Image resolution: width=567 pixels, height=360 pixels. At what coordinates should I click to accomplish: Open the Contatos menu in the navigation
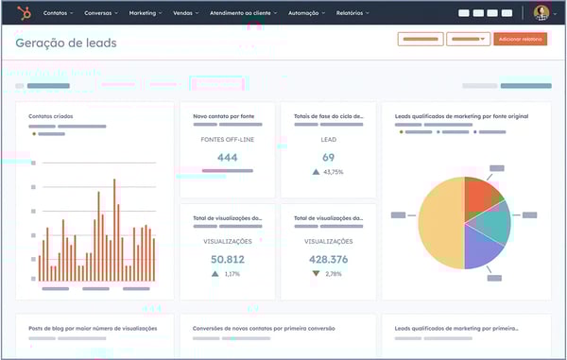click(58, 14)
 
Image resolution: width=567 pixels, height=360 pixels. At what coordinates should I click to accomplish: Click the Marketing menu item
click(144, 14)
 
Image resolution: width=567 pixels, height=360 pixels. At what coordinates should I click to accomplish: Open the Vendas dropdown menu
click(186, 14)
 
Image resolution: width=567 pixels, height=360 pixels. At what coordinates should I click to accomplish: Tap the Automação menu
click(306, 14)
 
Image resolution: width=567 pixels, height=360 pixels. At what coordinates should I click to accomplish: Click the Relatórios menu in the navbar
click(352, 14)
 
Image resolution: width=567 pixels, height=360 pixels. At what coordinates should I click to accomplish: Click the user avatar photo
click(541, 13)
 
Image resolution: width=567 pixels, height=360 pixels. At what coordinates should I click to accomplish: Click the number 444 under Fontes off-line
click(227, 158)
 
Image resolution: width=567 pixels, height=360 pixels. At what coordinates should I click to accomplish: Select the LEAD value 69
click(328, 158)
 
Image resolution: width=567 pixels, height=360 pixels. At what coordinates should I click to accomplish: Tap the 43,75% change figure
click(333, 172)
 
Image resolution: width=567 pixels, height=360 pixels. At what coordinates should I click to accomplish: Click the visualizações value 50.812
click(227, 259)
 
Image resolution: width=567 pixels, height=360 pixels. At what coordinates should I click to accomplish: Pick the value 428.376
click(328, 259)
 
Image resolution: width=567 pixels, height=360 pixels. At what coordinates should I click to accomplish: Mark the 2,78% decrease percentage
click(333, 273)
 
